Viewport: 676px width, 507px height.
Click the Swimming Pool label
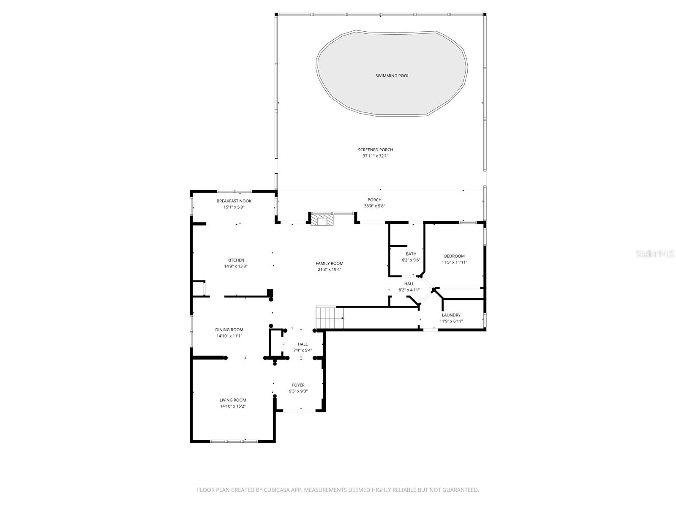392,76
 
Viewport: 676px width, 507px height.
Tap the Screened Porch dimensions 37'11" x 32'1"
375,156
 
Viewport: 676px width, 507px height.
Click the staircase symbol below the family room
330,317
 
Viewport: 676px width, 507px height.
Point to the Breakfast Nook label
234,201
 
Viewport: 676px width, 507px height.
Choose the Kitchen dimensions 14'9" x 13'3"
235,267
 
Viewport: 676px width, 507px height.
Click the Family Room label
329,263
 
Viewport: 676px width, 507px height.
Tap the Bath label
411,254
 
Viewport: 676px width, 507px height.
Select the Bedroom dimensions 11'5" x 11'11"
454,262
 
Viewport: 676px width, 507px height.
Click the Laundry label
451,315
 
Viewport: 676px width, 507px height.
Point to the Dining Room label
229,330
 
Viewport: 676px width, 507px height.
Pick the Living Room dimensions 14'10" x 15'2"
232,406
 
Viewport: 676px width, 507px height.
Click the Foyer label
298,385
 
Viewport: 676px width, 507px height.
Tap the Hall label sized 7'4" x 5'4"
303,344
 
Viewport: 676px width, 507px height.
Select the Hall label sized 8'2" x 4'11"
409,284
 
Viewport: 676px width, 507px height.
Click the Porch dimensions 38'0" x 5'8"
374,206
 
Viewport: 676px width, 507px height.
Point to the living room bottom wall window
234,441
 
